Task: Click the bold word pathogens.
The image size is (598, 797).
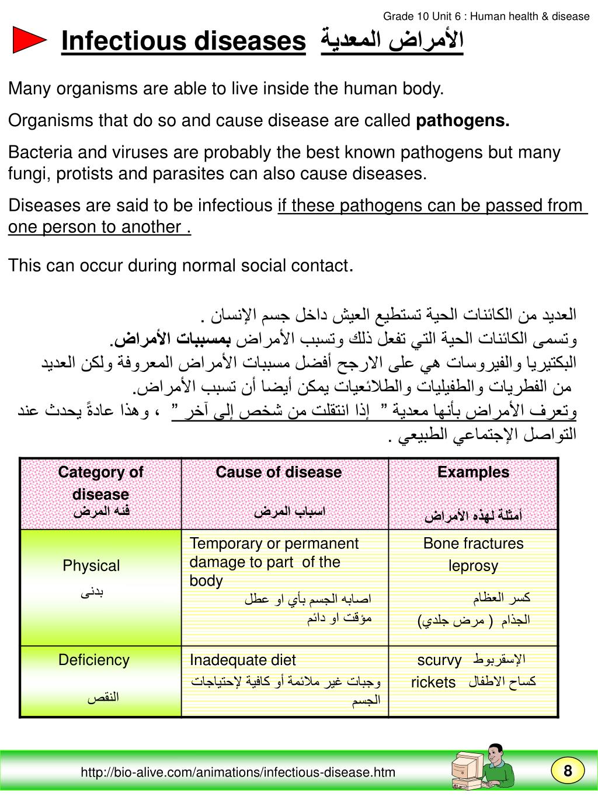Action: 463,121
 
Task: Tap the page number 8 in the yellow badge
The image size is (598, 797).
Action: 567,771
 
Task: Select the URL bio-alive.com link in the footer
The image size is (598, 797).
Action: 238,772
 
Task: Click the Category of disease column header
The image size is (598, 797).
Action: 100,483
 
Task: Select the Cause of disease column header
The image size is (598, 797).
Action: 279,472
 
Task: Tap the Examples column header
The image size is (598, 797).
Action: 473,472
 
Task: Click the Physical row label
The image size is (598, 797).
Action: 91,565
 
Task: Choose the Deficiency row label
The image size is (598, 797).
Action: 93,660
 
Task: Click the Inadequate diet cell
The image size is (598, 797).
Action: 242,660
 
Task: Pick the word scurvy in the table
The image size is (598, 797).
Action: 439,660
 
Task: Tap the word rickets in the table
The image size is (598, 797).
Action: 433,682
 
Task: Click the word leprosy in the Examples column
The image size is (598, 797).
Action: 473,566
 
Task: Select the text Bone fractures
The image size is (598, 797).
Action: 473,544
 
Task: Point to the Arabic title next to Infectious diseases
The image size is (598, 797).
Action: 392,41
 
